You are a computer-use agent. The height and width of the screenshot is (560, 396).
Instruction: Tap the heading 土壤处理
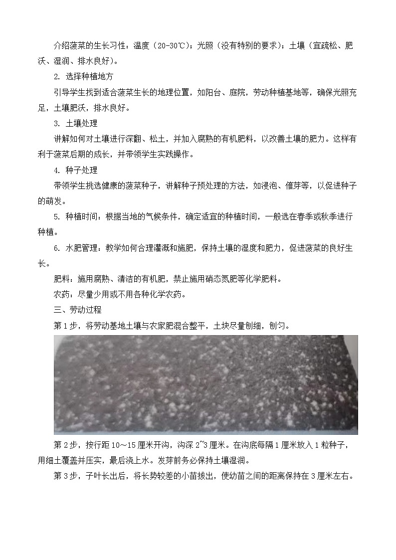coord(81,124)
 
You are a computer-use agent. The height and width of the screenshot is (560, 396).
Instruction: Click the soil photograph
coord(205,384)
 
